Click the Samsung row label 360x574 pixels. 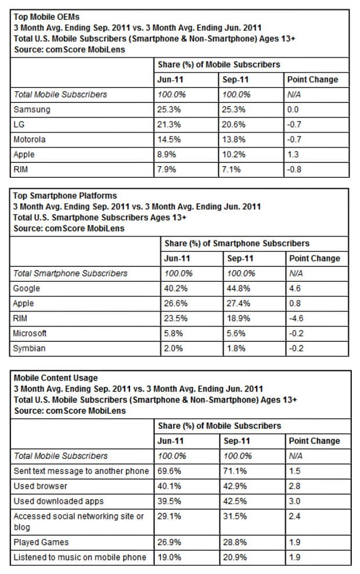(31, 109)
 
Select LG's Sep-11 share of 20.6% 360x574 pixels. (233, 124)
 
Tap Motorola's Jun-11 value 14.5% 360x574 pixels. (168, 139)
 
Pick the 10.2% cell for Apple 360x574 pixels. (233, 155)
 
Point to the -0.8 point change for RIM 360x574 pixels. (295, 170)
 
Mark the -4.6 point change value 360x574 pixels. (297, 318)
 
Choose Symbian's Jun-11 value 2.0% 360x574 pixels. (172, 349)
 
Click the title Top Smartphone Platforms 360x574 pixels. (64, 196)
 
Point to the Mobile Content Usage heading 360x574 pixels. (55, 378)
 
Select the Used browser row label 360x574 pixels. (41, 485)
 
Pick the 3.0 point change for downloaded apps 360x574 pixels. (295, 500)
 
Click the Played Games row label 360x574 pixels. (41, 542)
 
